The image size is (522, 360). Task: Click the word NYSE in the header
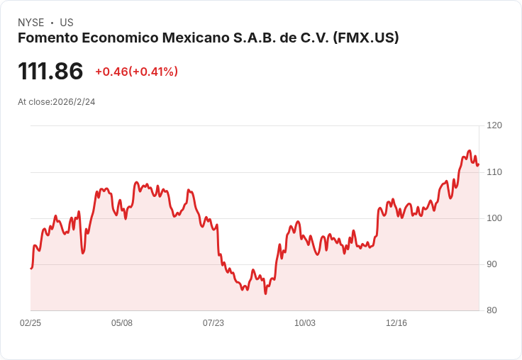click(31, 23)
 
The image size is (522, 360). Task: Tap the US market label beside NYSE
click(67, 23)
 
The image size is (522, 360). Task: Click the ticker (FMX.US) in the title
click(366, 38)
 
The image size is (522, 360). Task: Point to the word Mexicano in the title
click(199, 38)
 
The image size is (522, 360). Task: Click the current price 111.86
click(50, 71)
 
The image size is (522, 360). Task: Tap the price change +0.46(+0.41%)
click(136, 72)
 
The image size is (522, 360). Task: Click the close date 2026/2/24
click(74, 102)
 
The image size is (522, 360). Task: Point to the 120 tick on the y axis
click(494, 125)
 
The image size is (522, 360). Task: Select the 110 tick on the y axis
click(494, 172)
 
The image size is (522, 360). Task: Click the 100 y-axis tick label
click(494, 218)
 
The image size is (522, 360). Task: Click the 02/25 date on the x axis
click(30, 323)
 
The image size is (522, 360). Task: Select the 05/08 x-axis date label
click(122, 323)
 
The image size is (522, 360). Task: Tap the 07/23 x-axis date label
click(213, 323)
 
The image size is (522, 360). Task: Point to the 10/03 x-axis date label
click(305, 323)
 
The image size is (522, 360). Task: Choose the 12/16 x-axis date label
click(396, 323)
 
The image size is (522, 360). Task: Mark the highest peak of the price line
click(469, 151)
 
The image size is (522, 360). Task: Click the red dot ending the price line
click(479, 164)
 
